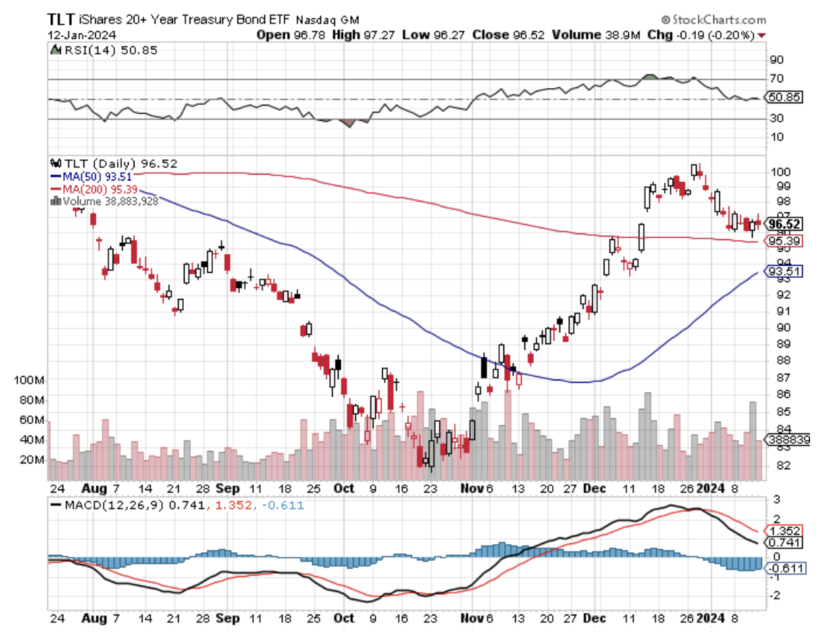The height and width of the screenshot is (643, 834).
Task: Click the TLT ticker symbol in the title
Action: [x=60, y=20]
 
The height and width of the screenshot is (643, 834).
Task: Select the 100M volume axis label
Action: [x=30, y=380]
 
